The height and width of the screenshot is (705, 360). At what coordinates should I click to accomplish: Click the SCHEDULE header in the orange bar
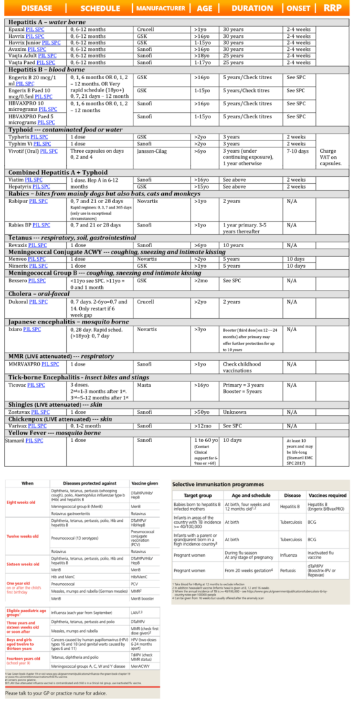tap(100, 8)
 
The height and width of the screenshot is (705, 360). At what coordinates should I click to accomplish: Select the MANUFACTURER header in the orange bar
tap(160, 8)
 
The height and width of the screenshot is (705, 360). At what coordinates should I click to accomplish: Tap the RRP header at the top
tap(338, 8)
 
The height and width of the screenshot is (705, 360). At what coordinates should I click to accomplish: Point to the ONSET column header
tap(299, 8)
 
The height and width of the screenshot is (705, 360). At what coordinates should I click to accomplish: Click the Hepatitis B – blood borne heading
tap(46, 70)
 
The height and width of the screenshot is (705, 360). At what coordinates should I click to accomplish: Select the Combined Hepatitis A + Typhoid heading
tap(57, 173)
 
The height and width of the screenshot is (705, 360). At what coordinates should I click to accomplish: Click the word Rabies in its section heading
tap(19, 194)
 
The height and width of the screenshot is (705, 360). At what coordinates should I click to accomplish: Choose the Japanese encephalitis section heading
tap(68, 322)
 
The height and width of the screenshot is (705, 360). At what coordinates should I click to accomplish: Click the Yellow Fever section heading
tap(54, 433)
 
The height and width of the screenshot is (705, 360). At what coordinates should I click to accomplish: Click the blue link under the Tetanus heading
tap(37, 245)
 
